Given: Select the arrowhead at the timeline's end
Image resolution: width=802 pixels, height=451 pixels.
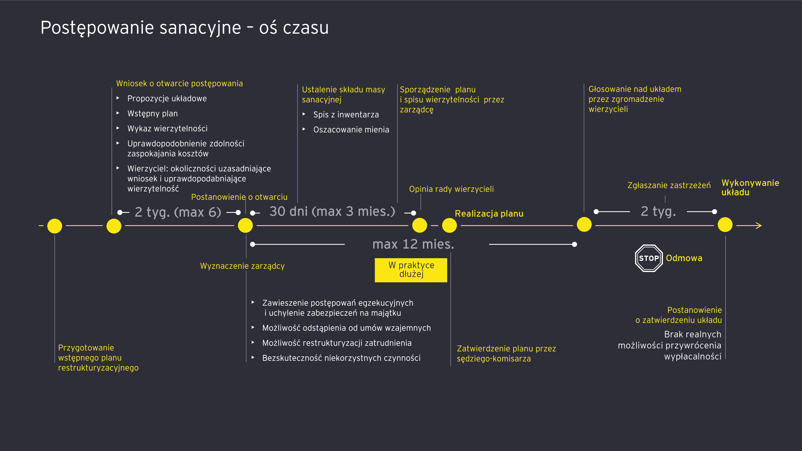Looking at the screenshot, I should [x=759, y=226].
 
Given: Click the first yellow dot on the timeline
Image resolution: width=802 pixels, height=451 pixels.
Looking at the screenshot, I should [x=55, y=226].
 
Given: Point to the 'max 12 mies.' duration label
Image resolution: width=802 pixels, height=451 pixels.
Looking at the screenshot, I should [x=413, y=244].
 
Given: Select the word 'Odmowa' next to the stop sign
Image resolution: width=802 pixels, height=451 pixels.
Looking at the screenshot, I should [x=684, y=258].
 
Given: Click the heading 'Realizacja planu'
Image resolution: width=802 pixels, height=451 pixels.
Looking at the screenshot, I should [x=489, y=214].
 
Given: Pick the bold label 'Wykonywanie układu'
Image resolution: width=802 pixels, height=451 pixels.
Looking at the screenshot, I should [x=750, y=188].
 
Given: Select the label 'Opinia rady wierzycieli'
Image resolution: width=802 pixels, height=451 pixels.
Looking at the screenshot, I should [x=451, y=189].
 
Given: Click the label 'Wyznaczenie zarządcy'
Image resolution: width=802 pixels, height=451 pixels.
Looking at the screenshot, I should [x=242, y=266].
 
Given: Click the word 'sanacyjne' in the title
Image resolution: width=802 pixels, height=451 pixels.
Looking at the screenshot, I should [x=200, y=28].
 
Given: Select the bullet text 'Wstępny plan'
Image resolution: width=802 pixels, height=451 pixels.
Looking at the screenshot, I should [x=152, y=114].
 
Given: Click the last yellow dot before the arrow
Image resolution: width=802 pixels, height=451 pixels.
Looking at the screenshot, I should [x=725, y=225].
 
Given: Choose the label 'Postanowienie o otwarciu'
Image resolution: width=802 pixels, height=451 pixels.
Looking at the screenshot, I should [x=239, y=197].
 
